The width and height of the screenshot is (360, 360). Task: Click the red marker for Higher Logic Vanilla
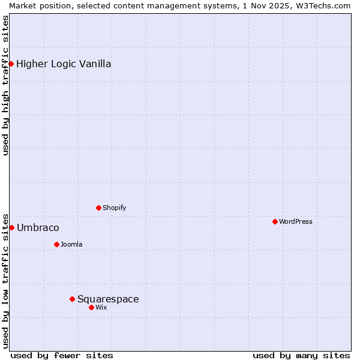(11, 64)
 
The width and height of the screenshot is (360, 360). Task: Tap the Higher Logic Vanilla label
(64, 64)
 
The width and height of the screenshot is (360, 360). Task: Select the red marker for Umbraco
(11, 227)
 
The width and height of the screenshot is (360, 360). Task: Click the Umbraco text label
(38, 228)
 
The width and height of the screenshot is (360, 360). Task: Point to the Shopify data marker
(98, 208)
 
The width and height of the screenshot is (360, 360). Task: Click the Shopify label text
(114, 208)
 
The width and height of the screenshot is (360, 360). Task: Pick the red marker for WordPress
(275, 221)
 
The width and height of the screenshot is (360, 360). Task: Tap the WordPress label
(295, 222)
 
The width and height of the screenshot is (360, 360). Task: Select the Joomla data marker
(56, 244)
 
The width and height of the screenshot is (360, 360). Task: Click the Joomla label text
(71, 245)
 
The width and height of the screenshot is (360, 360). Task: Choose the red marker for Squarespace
(72, 299)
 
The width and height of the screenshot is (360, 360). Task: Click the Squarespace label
(108, 299)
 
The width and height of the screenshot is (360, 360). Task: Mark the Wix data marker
(91, 307)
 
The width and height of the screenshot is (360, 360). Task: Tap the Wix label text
(101, 308)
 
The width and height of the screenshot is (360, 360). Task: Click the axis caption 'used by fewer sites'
(62, 355)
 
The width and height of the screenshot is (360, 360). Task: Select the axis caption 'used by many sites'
(301, 355)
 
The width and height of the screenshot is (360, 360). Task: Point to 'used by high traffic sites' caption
(6, 85)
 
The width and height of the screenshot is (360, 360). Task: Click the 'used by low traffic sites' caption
(6, 280)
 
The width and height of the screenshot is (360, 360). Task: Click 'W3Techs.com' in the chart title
(326, 5)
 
